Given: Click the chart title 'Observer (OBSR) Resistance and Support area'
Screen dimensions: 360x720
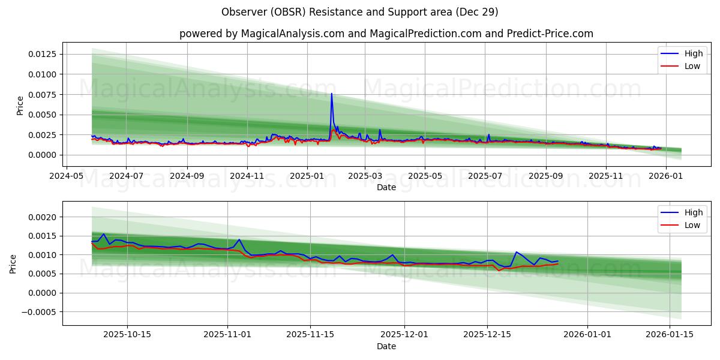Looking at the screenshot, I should tap(359, 12).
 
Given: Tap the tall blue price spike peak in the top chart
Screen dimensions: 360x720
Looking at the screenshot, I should tap(331, 94).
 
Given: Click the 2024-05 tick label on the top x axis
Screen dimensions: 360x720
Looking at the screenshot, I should tap(66, 176).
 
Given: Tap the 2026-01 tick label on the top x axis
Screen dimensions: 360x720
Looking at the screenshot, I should tap(666, 176).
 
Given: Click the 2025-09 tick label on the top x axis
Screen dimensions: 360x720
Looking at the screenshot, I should tap(545, 176).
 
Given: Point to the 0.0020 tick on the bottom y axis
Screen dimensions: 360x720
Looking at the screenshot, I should tap(43, 217).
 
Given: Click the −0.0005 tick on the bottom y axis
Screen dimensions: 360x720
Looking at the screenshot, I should tap(40, 312).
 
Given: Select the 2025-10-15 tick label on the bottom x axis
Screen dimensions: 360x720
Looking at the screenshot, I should tap(127, 335).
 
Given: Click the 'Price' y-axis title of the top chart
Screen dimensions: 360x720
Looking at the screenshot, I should tap(20, 106).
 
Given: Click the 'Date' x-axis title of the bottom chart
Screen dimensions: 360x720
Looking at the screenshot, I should tap(386, 346).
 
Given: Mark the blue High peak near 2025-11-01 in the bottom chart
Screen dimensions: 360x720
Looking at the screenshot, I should tap(239, 239).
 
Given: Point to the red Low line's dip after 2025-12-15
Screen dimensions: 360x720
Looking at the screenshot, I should tap(499, 271).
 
